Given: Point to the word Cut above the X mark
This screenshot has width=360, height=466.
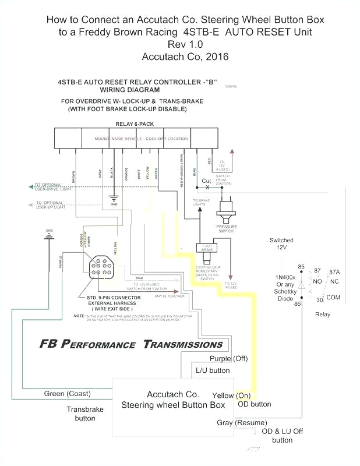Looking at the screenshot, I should [206, 181].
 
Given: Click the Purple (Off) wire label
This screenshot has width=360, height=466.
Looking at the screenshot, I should [228, 359].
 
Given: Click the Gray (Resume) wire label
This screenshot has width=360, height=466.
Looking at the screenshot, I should [242, 422].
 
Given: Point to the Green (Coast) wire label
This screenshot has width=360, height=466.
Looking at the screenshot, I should [67, 394].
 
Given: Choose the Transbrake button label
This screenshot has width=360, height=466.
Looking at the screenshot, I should [84, 414].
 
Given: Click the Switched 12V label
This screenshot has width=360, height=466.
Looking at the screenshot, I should [281, 244].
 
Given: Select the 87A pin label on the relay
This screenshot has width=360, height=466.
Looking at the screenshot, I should [334, 271].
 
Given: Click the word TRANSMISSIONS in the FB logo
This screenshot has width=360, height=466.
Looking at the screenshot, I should [183, 344].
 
